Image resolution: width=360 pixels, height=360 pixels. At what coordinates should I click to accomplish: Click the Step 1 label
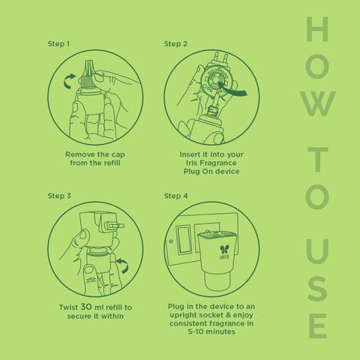(x=58, y=44)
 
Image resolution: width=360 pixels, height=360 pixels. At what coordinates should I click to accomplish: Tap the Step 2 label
(x=175, y=44)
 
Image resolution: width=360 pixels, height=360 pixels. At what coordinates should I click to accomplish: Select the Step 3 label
(x=59, y=196)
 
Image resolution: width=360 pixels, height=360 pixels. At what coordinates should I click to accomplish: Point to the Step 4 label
(x=175, y=196)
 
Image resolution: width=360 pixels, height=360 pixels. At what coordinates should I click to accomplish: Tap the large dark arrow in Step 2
(x=232, y=89)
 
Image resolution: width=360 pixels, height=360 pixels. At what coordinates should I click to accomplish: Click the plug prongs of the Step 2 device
(x=220, y=58)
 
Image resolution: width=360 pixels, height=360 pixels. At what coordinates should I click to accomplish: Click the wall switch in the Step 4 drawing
(x=184, y=239)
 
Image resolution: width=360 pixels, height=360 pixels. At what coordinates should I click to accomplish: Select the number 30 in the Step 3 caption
(x=86, y=307)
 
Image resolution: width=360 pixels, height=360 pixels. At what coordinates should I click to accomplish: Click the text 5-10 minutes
(x=211, y=331)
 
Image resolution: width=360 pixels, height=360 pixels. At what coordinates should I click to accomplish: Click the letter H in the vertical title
(x=317, y=29)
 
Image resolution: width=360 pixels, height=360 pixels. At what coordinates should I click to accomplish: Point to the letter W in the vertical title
(x=318, y=103)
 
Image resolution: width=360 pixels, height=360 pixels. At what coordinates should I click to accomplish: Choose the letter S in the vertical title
(x=317, y=289)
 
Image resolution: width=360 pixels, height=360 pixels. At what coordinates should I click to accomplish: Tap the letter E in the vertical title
(x=318, y=326)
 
